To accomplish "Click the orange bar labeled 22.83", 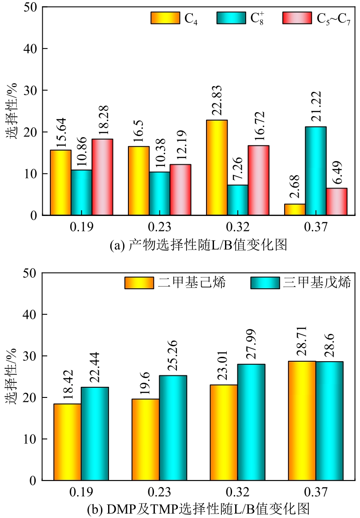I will click(x=217, y=168).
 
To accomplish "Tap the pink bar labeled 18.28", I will click(x=102, y=177).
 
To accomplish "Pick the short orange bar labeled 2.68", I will click(x=295, y=210).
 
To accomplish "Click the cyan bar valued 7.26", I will click(x=238, y=200).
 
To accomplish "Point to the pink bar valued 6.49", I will click(x=337, y=202).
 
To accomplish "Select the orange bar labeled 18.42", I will click(x=67, y=442).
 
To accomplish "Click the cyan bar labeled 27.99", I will click(x=251, y=422).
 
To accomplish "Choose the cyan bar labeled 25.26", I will click(x=173, y=428).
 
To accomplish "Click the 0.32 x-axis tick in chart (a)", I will click(x=238, y=227).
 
